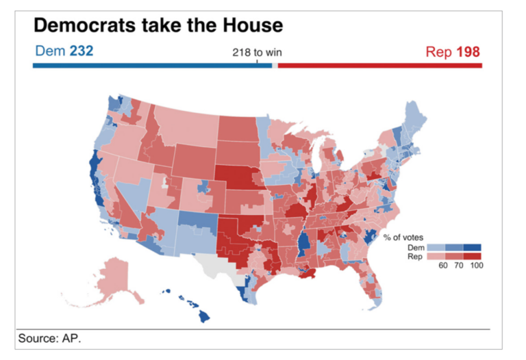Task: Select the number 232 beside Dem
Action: pyautogui.click(x=81, y=51)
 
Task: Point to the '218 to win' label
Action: pyautogui.click(x=256, y=53)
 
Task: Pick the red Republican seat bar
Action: pyautogui.click(x=380, y=66)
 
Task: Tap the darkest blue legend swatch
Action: pyautogui.click(x=473, y=247)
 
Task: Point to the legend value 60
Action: pyautogui.click(x=443, y=266)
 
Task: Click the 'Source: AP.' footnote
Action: pyautogui.click(x=49, y=338)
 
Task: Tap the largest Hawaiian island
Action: pyautogui.click(x=205, y=316)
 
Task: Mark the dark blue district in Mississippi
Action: pyautogui.click(x=303, y=242)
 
